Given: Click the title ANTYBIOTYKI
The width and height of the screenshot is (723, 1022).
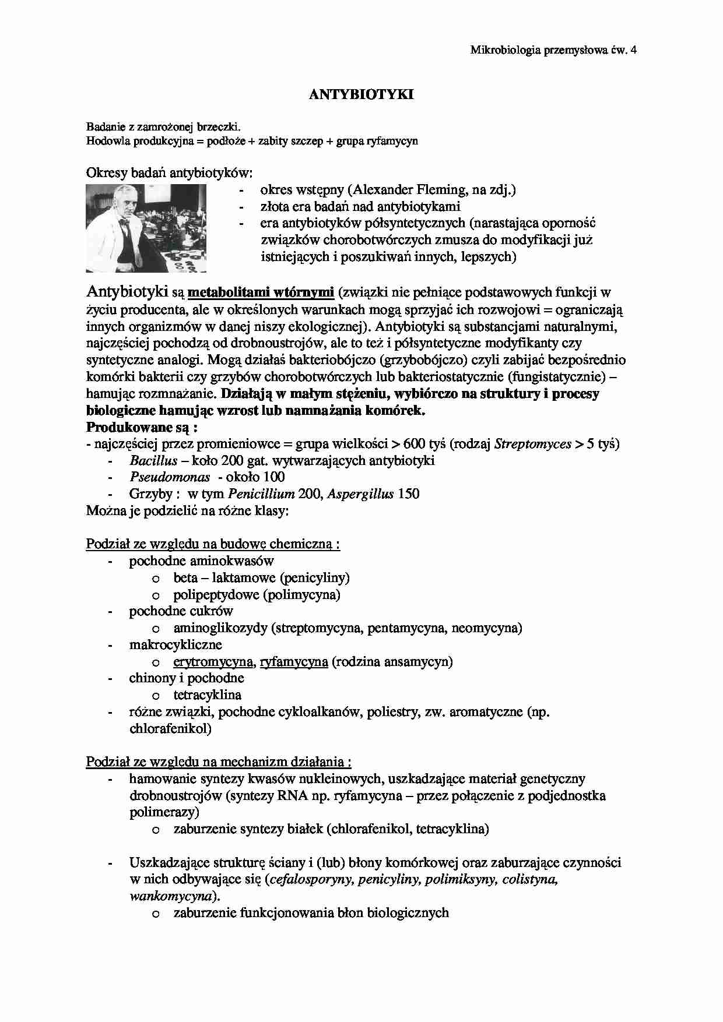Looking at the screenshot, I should [361, 94].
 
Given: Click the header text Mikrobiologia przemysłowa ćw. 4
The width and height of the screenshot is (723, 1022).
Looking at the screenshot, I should [553, 50].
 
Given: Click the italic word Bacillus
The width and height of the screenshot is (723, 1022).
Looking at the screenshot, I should [153, 461].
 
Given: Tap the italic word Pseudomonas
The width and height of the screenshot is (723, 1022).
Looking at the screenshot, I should [169, 477].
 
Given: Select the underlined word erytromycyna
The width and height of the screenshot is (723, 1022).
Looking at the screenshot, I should [213, 662].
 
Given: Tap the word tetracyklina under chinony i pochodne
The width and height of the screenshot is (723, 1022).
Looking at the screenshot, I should [207, 695].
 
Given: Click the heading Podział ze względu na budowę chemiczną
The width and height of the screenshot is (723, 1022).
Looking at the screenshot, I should [213, 544].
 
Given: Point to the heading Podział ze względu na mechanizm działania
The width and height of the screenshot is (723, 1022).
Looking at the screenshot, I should [219, 762].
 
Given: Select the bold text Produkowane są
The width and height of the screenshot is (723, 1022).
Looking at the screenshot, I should [142, 427].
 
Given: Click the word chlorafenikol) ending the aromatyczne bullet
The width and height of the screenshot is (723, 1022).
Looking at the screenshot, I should [170, 729].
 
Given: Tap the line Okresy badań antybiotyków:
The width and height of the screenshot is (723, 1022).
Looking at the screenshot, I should [170, 173].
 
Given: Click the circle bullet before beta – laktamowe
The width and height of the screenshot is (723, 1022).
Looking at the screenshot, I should [156, 579].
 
